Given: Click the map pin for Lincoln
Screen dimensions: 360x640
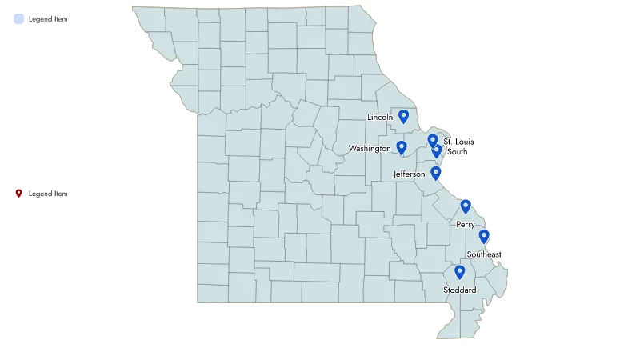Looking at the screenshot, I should click(404, 117).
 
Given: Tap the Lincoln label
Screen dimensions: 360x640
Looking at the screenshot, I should click(380, 118).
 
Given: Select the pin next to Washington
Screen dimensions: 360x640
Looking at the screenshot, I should click(402, 148).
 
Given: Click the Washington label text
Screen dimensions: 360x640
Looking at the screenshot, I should click(370, 149).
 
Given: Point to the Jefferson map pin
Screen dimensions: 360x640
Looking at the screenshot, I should click(436, 173).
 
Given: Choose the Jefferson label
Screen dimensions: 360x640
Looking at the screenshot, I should click(410, 174).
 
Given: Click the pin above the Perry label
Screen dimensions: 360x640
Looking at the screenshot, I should click(466, 207).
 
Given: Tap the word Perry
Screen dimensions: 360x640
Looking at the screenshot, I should click(466, 225).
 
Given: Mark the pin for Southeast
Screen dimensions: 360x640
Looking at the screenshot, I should click(484, 237).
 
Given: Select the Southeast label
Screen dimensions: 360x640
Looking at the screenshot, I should click(484, 254).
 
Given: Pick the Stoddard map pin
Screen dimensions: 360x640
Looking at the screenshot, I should click(459, 273).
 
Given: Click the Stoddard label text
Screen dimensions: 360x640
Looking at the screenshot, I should click(460, 290).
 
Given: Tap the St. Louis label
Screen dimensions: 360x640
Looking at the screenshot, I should click(458, 142).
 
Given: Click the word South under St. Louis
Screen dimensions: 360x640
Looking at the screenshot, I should click(458, 151).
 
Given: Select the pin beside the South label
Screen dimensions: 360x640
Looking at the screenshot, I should click(437, 150).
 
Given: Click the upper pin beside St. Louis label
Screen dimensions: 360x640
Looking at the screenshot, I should click(433, 141).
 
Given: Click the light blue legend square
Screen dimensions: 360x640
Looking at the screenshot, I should click(19, 18).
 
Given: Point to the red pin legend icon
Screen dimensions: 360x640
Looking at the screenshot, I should click(19, 194).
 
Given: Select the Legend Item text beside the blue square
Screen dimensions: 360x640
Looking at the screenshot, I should click(48, 18).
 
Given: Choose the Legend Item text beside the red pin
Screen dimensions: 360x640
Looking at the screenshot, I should click(48, 194).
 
